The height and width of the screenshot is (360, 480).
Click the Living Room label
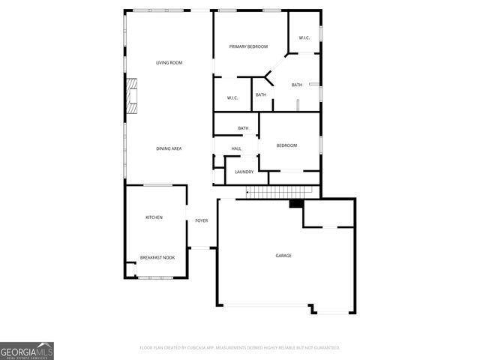pos(169,62)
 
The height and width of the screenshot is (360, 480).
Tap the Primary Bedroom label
pos(248,46)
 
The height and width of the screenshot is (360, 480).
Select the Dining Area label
pos(169,148)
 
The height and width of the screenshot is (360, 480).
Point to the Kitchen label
pos(154,217)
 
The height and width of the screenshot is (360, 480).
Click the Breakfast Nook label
pos(157,258)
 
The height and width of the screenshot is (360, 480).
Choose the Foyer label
pos(201,220)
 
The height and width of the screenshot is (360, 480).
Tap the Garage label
pos(283,256)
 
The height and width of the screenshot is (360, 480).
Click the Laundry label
pos(244,172)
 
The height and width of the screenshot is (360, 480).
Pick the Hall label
pos(236,148)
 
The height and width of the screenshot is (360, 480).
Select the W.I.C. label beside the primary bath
pos(304,37)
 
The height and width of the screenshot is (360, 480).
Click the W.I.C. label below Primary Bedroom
pos(232,98)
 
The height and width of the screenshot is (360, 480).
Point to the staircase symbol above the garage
pos(268,193)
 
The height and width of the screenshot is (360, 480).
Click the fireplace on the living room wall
pos(132,95)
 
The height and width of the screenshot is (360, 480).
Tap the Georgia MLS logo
pos(27,350)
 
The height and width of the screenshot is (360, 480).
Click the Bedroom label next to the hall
pos(286,145)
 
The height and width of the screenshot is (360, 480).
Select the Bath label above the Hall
pos(243,128)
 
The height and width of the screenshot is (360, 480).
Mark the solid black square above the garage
pos(296,203)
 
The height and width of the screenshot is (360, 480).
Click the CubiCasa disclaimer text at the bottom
pos(240,348)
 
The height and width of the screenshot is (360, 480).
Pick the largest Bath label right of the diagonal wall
pos(297,85)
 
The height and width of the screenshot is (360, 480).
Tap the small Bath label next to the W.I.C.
pos(261,94)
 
